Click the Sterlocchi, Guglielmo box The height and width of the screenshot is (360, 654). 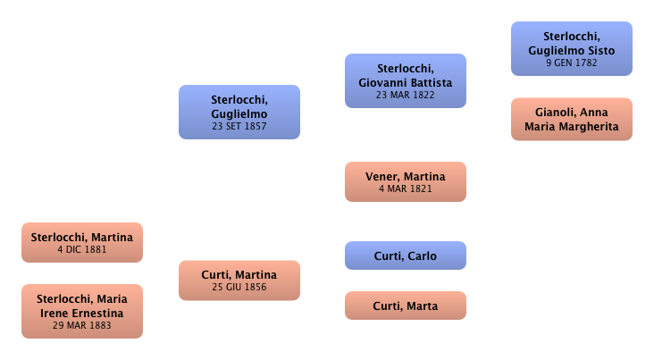click(x=239, y=112)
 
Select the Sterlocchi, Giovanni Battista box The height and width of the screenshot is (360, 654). click(x=405, y=80)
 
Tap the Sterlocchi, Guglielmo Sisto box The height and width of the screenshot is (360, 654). click(x=571, y=49)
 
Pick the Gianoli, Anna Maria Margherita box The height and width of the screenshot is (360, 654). click(x=571, y=119)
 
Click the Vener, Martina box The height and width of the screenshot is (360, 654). click(x=405, y=181)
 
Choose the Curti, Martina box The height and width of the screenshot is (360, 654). click(x=239, y=280)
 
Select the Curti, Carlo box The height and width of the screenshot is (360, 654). click(x=405, y=256)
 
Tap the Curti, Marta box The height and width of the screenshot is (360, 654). click(x=405, y=306)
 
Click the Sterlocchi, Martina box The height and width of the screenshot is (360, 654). click(x=81, y=242)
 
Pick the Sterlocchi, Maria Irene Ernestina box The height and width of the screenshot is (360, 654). click(x=81, y=309)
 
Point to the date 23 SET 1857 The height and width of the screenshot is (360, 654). click(x=239, y=127)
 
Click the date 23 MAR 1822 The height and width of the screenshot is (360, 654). click(x=405, y=95)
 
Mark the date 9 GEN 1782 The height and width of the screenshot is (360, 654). click(x=571, y=63)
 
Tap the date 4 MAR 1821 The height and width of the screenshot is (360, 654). click(x=405, y=188)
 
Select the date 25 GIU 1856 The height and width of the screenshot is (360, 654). click(x=239, y=287)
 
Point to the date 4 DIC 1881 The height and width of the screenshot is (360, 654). click(x=81, y=249)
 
